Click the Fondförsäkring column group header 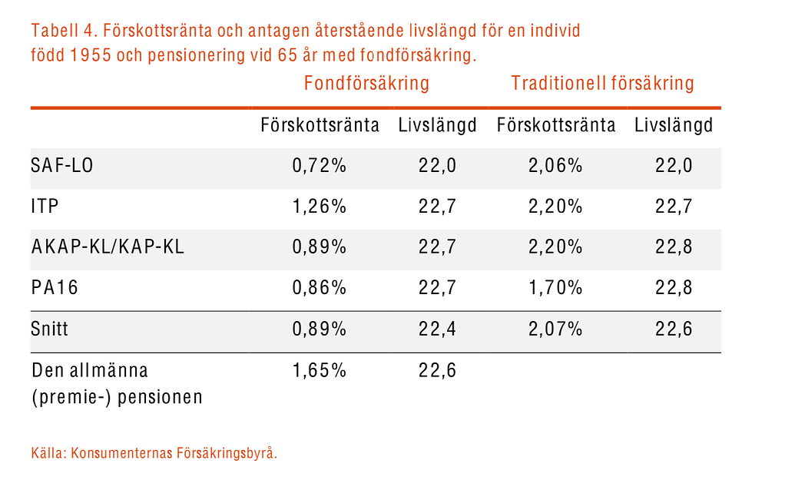[x=366, y=83]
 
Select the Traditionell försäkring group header [x=602, y=83]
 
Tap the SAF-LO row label [x=62, y=165]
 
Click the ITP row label [x=45, y=207]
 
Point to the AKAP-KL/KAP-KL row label [x=108, y=247]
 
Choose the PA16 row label [x=55, y=288]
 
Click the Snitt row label [x=50, y=329]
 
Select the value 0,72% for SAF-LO [x=320, y=165]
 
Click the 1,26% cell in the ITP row [x=320, y=207]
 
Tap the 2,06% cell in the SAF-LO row [x=555, y=165]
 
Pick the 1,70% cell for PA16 [x=555, y=288]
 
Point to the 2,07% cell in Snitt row [x=555, y=329]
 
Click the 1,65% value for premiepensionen [x=320, y=371]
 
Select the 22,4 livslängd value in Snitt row [x=438, y=329]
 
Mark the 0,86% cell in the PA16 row [x=320, y=288]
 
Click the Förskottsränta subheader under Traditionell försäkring [x=556, y=125]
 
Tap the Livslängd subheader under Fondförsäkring [x=438, y=125]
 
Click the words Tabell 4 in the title [x=62, y=32]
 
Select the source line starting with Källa [x=154, y=453]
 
